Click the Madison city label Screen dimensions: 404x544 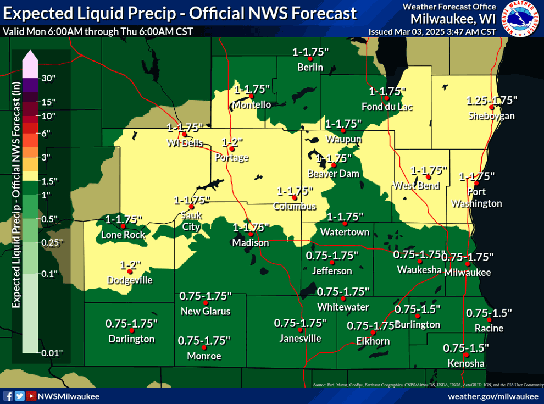tap(251, 242)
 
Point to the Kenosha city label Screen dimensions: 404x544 tap(466, 363)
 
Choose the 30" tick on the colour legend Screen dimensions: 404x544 tap(49, 78)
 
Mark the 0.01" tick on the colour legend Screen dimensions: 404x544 tap(52, 352)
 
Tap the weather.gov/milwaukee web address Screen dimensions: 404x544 tap(493, 396)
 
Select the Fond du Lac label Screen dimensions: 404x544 tap(387, 107)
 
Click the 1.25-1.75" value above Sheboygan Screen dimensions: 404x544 tap(492, 100)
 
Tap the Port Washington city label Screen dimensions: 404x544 tap(476, 198)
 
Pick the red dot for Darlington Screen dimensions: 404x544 tap(131, 330)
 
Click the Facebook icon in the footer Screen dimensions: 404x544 tap(8, 396)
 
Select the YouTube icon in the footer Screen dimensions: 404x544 tap(32, 396)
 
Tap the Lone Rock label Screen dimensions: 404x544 tap(123, 235)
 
